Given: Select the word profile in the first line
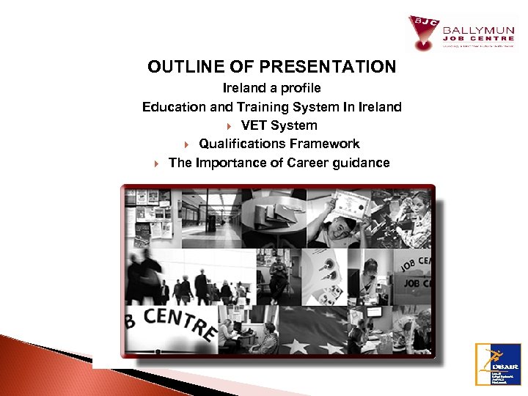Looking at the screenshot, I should [x=299, y=88].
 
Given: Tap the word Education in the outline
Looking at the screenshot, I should [x=174, y=107].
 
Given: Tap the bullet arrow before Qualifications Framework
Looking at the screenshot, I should [x=186, y=144].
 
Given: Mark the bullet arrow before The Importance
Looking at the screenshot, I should [x=155, y=164].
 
